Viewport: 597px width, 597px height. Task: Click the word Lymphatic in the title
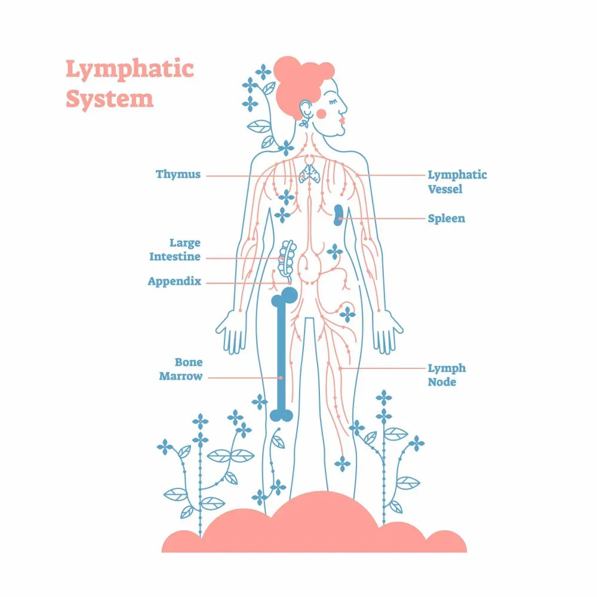pyautogui.click(x=130, y=70)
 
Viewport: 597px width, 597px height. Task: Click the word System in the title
pyautogui.click(x=110, y=99)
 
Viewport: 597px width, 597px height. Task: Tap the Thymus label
pyautogui.click(x=178, y=174)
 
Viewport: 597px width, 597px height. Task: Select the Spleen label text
pyautogui.click(x=446, y=219)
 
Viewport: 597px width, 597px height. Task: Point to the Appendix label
pyautogui.click(x=174, y=282)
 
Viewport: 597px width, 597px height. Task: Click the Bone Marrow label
pyautogui.click(x=181, y=370)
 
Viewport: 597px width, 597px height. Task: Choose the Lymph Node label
pyautogui.click(x=447, y=375)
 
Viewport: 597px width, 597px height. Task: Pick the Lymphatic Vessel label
pyautogui.click(x=457, y=182)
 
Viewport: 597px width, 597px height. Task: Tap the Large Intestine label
pyautogui.click(x=175, y=250)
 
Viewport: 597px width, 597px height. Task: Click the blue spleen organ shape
pyautogui.click(x=338, y=215)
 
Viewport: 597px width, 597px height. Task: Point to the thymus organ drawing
pyautogui.click(x=309, y=174)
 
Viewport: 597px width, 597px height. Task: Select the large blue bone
pyautogui.click(x=282, y=355)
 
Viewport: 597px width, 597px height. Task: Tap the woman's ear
pyautogui.click(x=305, y=109)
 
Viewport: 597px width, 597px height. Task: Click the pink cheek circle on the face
pyautogui.click(x=321, y=113)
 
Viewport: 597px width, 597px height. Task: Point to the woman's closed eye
pyautogui.click(x=333, y=102)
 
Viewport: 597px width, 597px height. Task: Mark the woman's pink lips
pyautogui.click(x=341, y=120)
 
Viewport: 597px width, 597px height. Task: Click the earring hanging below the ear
pyautogui.click(x=304, y=122)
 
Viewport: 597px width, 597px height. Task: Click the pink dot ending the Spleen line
pyautogui.click(x=340, y=219)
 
